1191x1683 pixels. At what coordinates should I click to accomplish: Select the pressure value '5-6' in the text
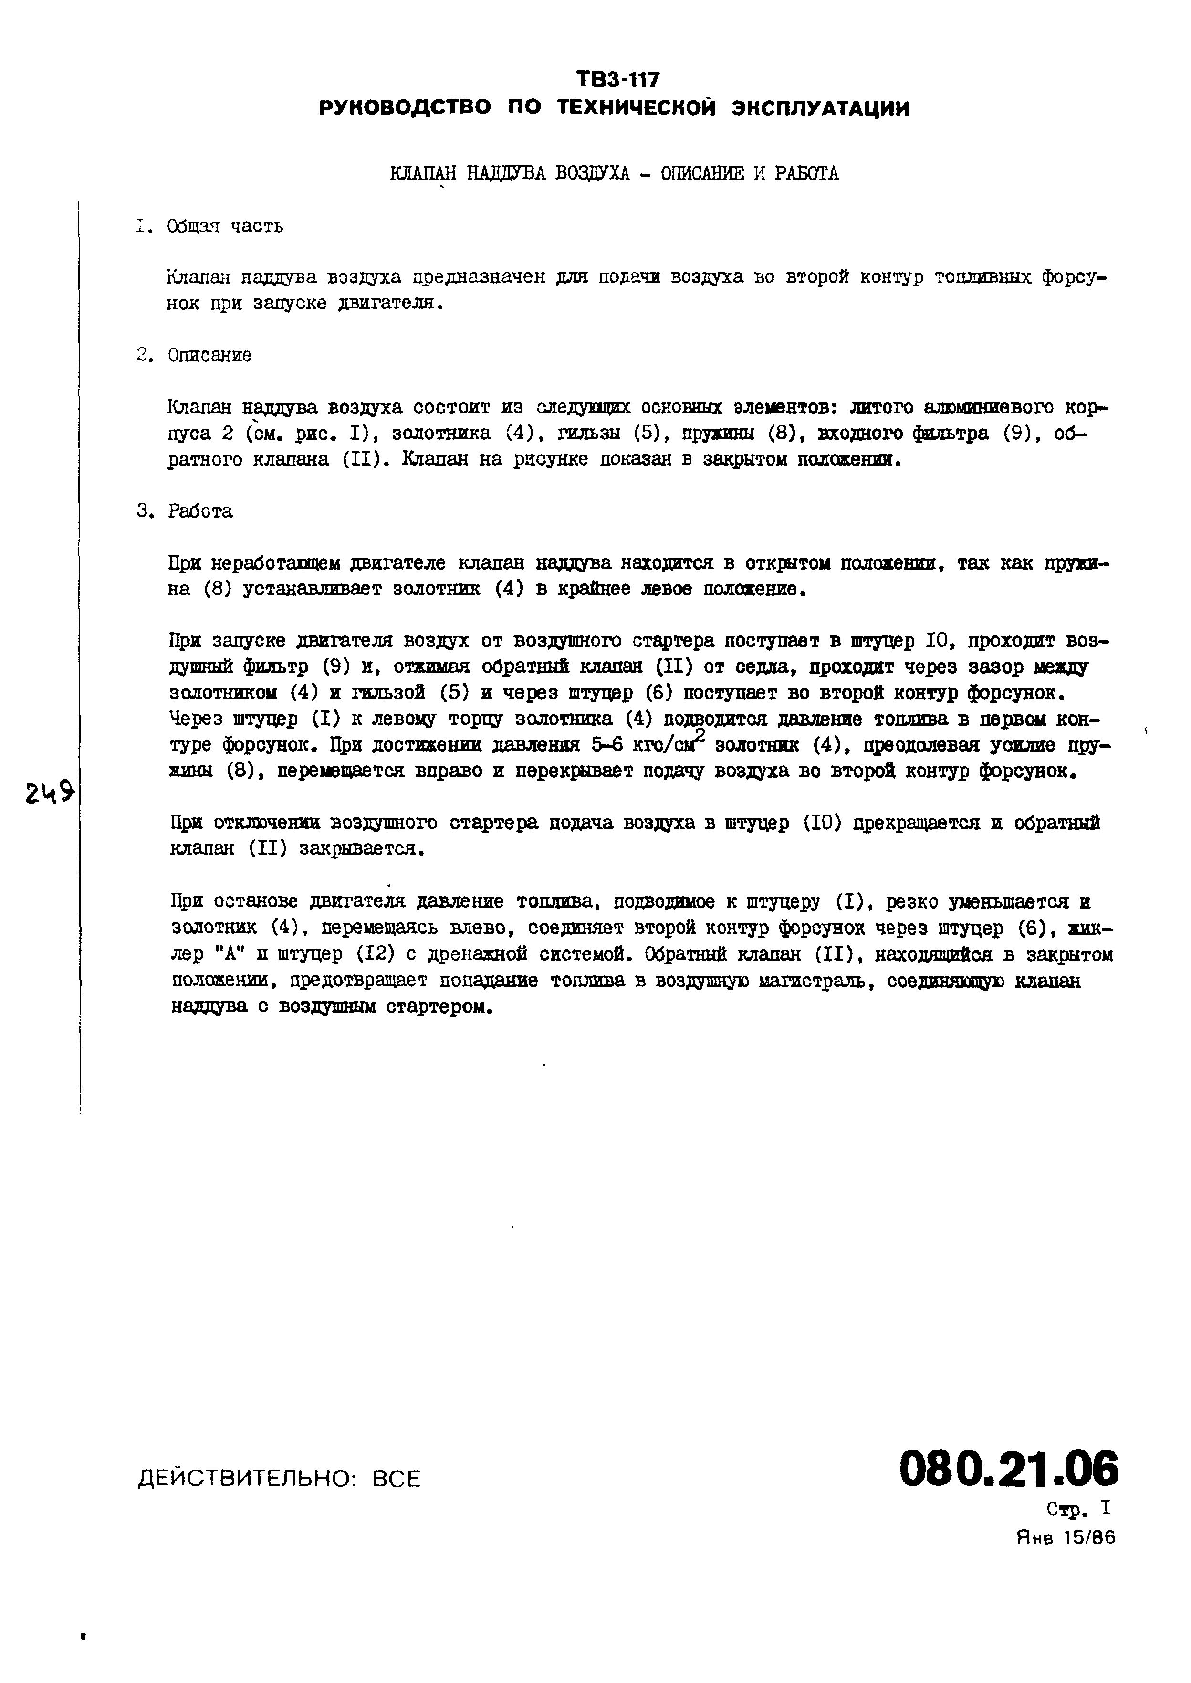(606, 745)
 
